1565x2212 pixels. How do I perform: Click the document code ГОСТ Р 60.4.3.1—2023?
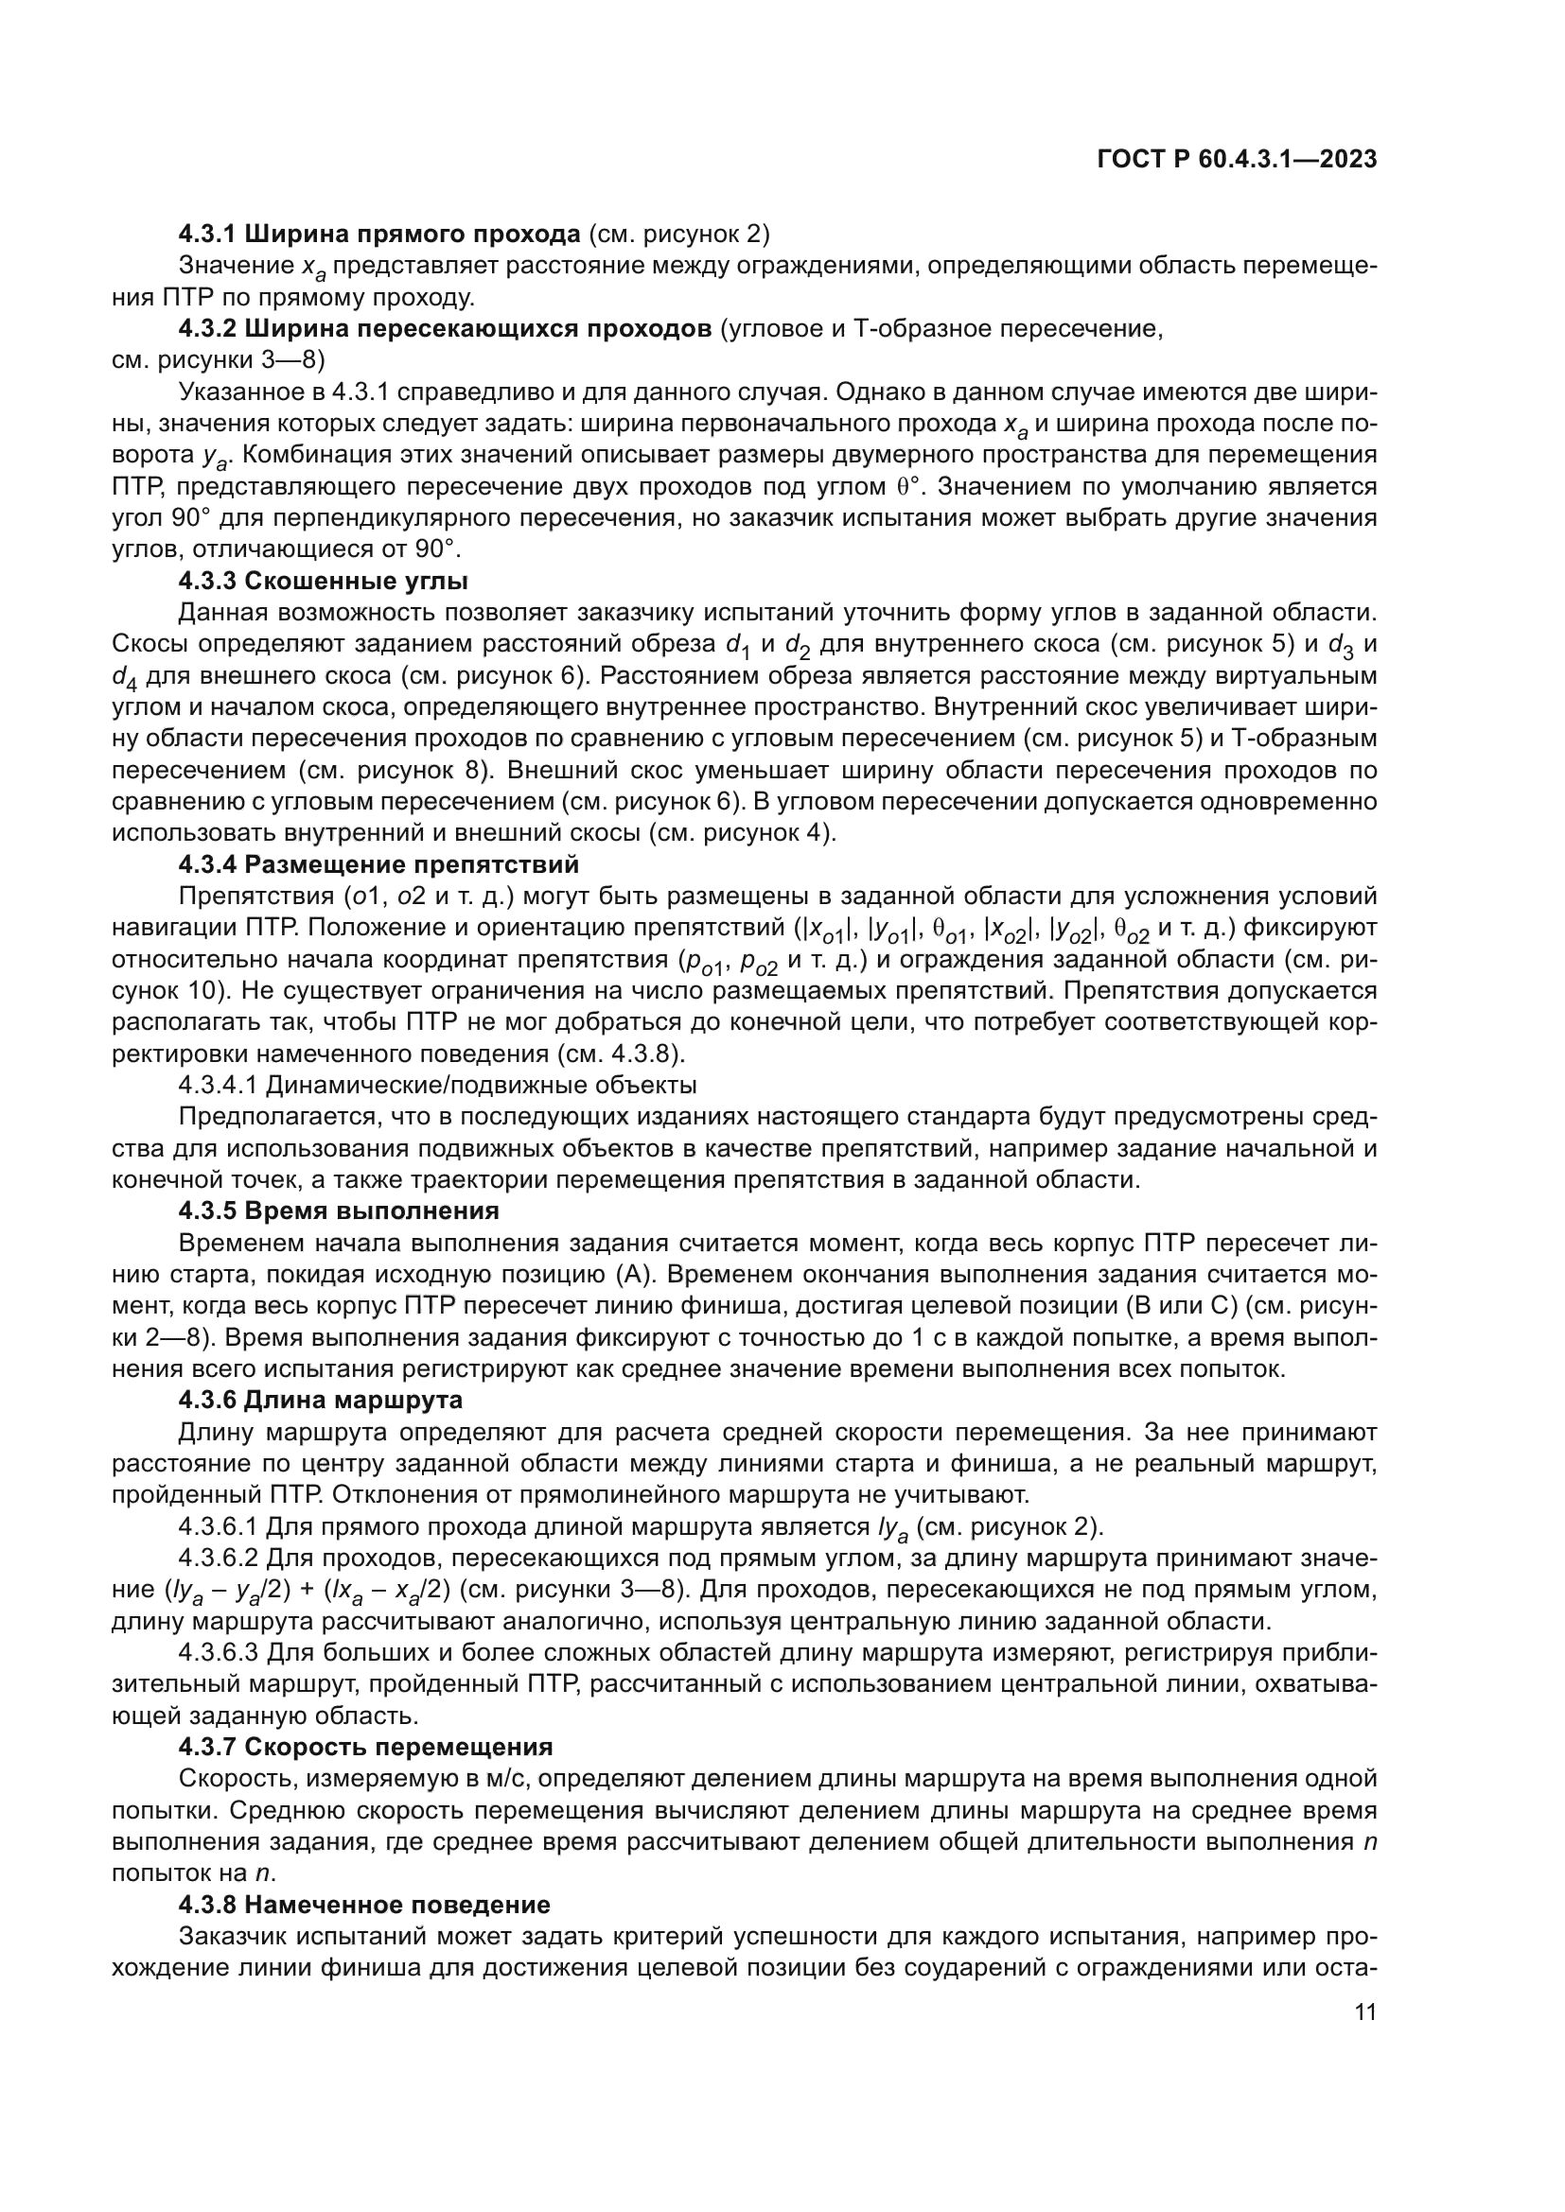(1237, 160)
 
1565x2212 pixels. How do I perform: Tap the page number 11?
(1364, 2011)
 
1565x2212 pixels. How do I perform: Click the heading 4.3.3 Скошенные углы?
(323, 581)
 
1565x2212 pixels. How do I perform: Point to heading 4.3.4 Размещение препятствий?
(378, 863)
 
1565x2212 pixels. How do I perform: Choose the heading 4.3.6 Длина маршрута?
(320, 1399)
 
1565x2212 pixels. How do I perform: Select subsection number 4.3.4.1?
(218, 1085)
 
